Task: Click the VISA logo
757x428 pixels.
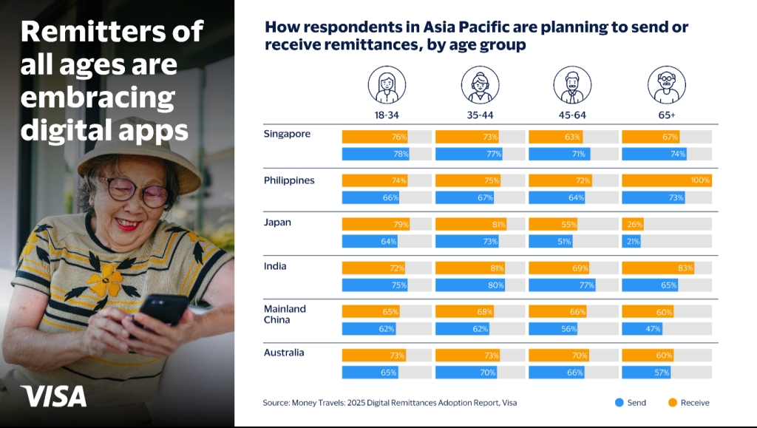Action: [x=53, y=396]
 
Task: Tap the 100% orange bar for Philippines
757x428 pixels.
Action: [x=667, y=180]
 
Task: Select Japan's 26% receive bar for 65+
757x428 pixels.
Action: [x=633, y=224]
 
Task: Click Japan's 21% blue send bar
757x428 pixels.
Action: [x=631, y=241]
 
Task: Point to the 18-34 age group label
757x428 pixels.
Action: [x=387, y=115]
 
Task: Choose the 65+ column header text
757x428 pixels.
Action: [x=667, y=115]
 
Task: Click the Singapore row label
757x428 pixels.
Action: [x=287, y=134]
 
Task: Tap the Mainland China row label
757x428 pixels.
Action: [x=285, y=314]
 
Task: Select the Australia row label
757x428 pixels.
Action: [x=284, y=353]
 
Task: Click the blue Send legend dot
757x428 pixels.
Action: [x=619, y=402]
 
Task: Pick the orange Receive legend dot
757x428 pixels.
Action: [x=673, y=402]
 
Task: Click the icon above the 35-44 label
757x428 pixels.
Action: [x=480, y=86]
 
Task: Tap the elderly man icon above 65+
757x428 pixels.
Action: [x=667, y=86]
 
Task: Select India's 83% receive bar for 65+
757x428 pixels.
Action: [x=658, y=268]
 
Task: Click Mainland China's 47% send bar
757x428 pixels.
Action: [x=642, y=329]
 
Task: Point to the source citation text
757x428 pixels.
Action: [x=390, y=402]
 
